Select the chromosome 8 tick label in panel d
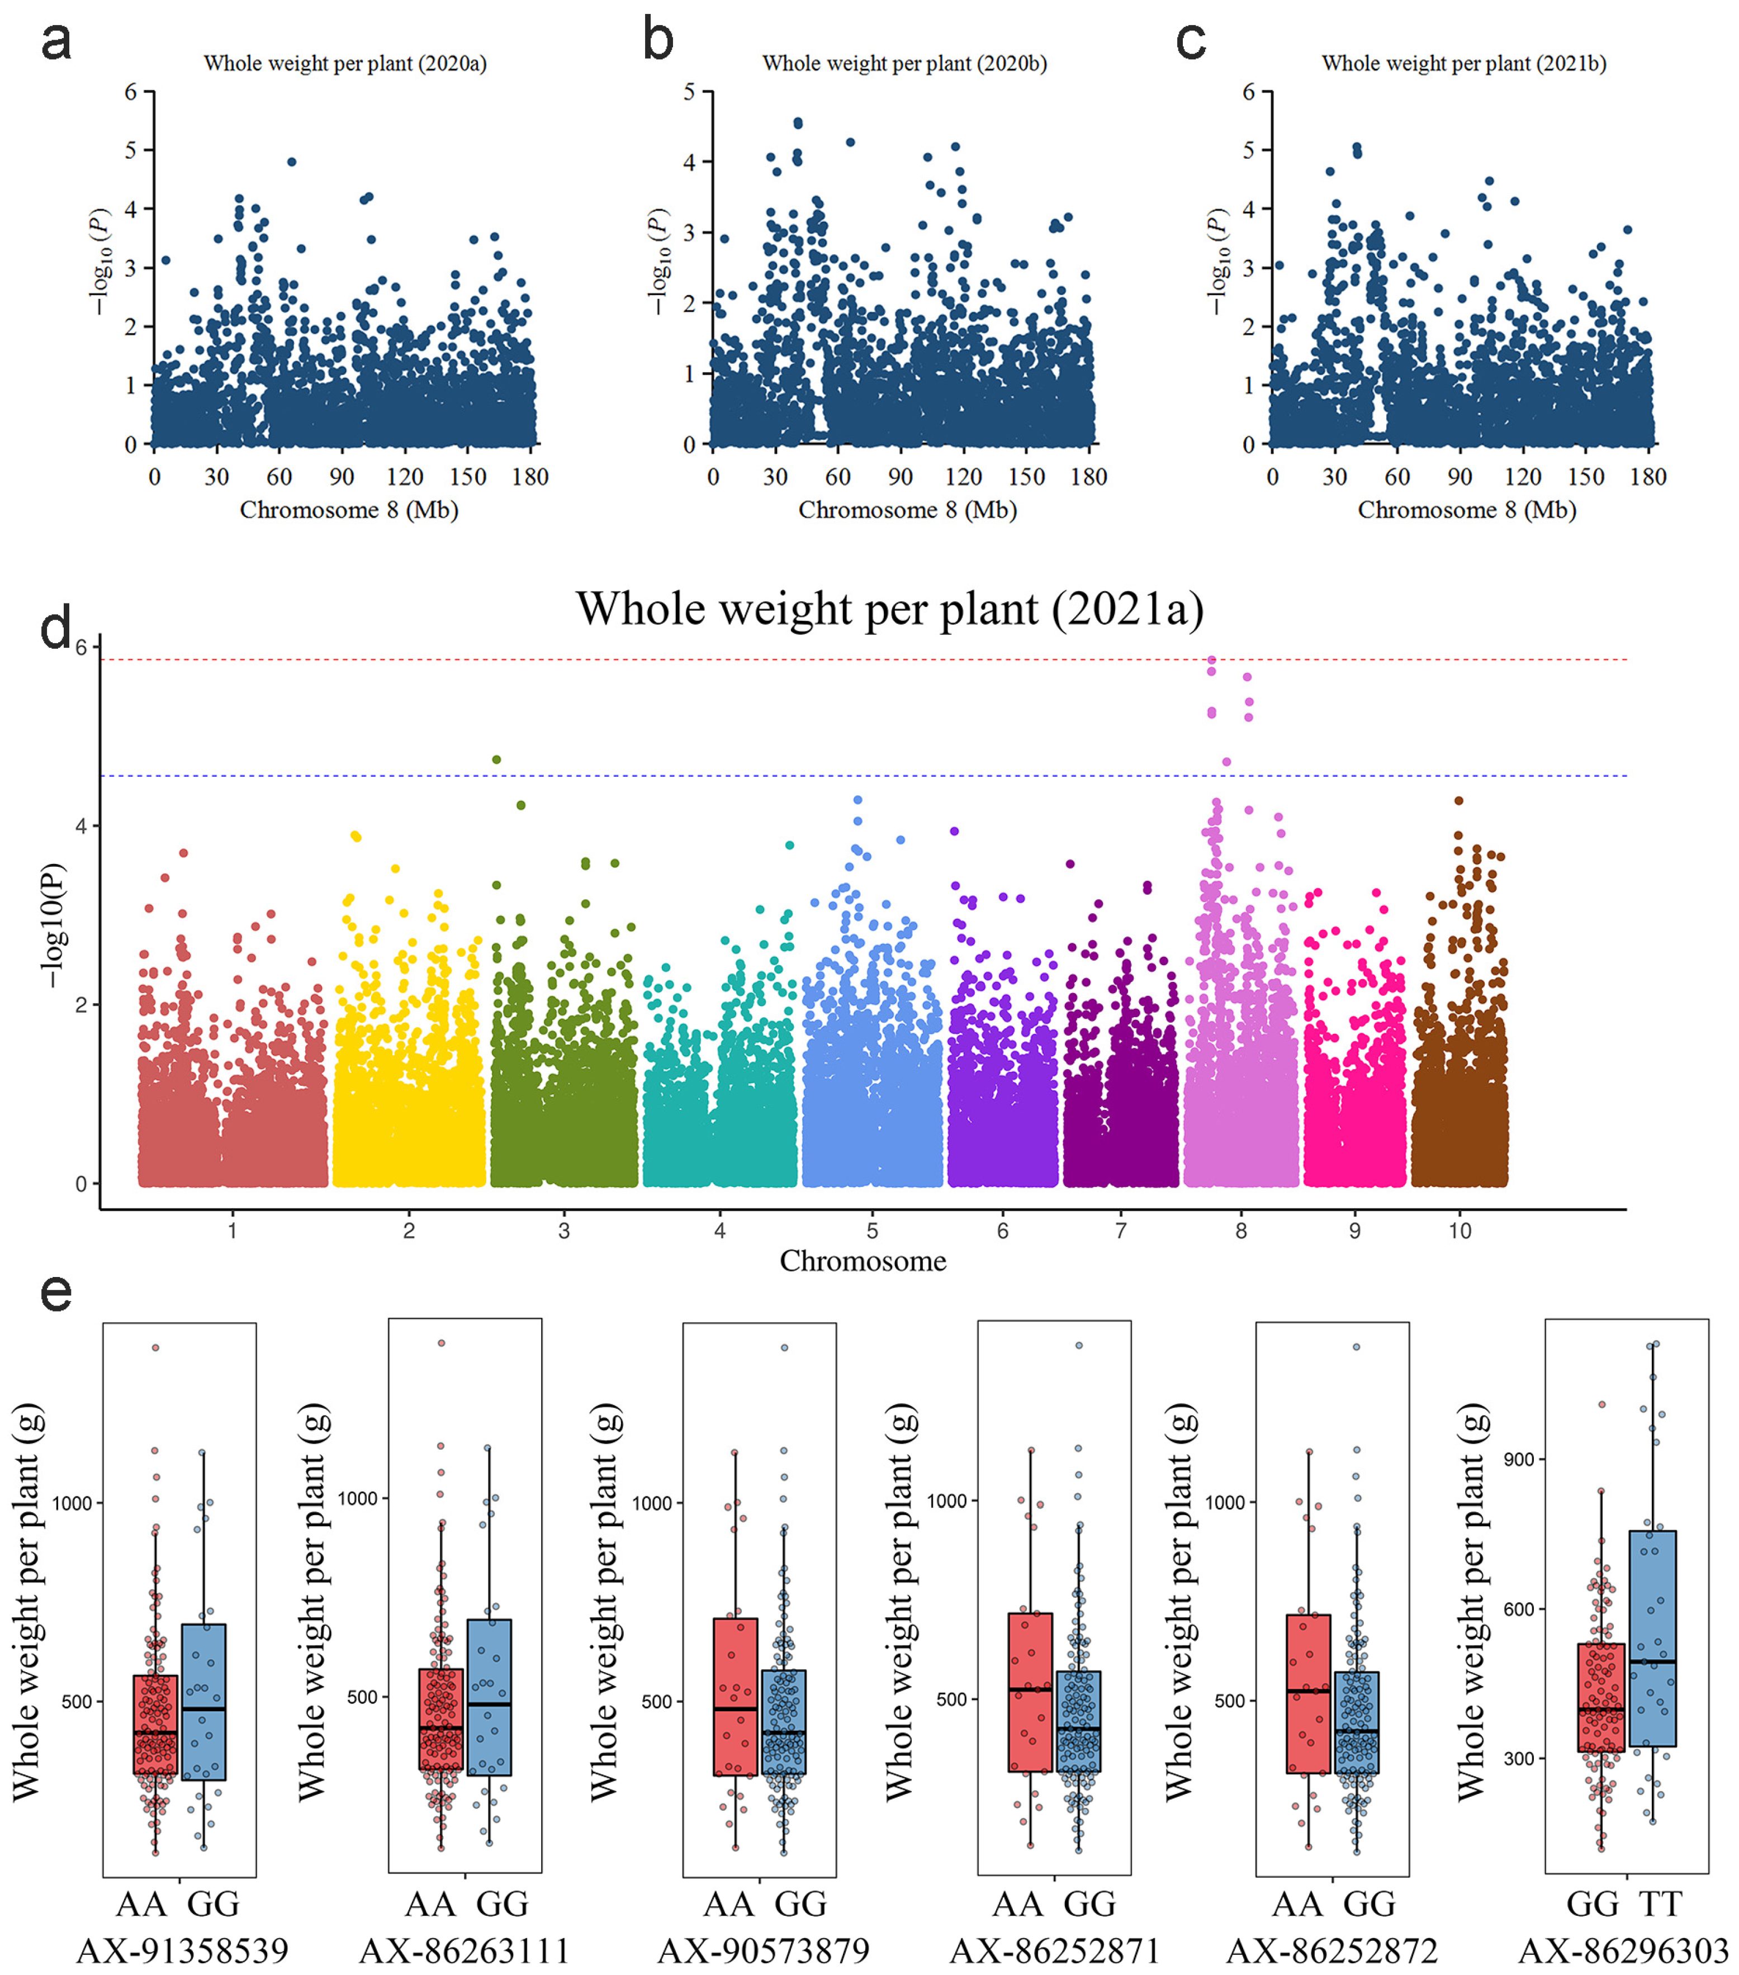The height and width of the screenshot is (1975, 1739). pos(1241,1230)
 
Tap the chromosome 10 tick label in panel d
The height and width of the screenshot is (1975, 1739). pos(1460,1230)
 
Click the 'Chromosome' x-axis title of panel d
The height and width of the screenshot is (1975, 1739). pos(863,1261)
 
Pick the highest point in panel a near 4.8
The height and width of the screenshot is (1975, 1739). pos(292,162)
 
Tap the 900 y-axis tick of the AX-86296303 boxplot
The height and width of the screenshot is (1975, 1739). pos(1520,1459)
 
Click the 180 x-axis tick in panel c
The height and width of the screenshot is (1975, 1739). pos(1648,476)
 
